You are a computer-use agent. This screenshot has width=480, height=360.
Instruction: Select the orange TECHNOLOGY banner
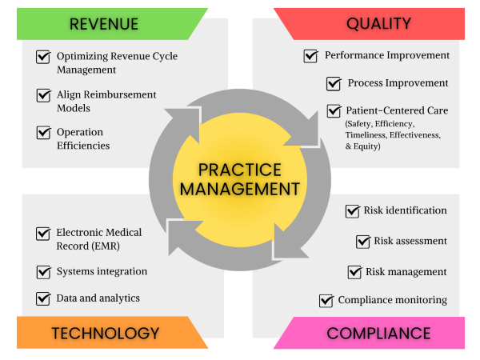104,333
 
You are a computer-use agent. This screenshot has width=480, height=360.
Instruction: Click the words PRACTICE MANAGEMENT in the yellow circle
239,180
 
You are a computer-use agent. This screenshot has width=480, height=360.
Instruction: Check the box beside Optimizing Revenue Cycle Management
43,57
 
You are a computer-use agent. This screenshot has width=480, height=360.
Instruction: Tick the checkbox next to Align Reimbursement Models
43,95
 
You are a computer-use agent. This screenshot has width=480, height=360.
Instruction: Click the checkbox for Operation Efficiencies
43,132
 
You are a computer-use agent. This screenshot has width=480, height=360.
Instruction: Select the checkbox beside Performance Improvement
311,56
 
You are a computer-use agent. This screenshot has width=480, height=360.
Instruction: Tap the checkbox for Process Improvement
334,83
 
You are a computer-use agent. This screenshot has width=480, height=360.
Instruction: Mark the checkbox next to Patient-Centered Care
334,111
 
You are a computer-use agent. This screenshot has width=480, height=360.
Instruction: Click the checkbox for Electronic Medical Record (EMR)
43,233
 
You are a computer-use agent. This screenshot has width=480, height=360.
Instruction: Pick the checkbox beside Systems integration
43,271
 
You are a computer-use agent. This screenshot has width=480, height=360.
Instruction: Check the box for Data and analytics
43,298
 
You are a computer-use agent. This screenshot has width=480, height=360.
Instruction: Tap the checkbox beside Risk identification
352,211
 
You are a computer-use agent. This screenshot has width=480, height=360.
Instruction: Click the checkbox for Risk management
354,272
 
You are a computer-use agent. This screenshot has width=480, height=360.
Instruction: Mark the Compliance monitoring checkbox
326,301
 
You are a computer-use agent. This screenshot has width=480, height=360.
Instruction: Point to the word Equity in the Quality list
363,147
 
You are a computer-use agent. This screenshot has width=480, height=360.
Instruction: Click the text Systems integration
102,271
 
